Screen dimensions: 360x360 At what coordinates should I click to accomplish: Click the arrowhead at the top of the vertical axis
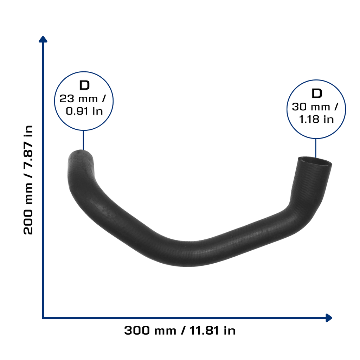43,39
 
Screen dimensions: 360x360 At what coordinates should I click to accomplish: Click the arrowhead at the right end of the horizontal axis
329,318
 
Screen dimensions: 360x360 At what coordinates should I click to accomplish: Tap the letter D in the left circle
84,85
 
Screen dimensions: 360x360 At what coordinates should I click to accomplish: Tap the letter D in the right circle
317,94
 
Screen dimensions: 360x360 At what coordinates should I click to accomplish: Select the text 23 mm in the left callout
78,99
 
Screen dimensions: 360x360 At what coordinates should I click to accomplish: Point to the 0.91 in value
84,111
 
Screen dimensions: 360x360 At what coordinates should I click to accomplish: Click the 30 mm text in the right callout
311,107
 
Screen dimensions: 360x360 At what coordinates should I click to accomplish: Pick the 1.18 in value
316,120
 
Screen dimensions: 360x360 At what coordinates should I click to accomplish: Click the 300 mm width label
150,330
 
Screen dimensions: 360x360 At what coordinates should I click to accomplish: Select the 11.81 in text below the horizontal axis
213,330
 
